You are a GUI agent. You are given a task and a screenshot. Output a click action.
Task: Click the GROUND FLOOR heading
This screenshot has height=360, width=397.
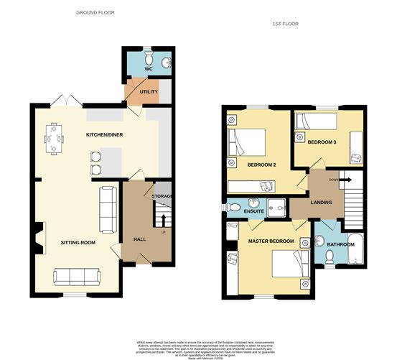point(95,13)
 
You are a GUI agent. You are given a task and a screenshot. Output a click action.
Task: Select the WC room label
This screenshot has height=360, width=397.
point(150,70)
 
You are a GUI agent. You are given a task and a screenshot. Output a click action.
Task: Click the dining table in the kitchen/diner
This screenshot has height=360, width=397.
point(53,139)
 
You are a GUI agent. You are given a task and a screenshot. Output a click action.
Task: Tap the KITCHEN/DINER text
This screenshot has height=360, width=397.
point(102,135)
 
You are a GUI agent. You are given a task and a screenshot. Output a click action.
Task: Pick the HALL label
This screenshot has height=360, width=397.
point(140,239)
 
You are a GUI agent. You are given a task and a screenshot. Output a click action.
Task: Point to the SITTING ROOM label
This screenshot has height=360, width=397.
point(78,243)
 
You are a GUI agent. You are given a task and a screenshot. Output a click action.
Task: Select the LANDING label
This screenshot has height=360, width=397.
point(321,203)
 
